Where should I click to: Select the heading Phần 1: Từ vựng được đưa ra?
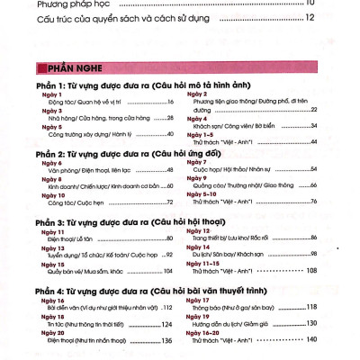[126, 85]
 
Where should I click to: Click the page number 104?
[166, 271]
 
